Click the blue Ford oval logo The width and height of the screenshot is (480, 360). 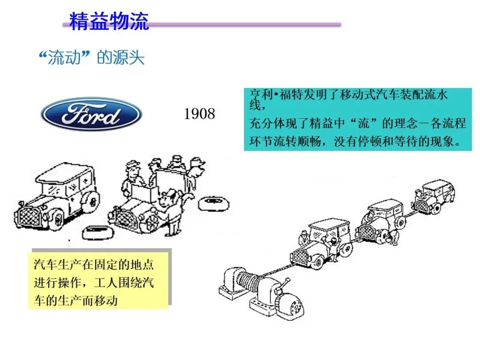(91, 114)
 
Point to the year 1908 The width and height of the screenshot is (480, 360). (200, 114)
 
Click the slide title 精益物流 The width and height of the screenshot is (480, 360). (109, 21)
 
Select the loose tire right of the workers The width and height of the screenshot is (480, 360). (213, 204)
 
